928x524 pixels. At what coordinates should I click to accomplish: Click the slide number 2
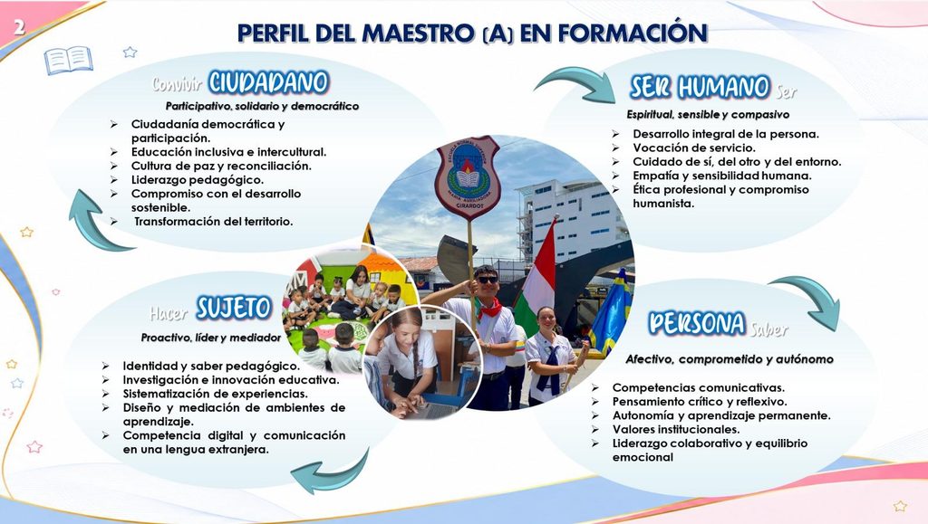point(20,26)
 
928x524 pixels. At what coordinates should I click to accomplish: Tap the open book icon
point(69,61)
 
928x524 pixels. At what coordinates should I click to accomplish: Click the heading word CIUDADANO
point(268,82)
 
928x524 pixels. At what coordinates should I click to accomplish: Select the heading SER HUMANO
point(700,88)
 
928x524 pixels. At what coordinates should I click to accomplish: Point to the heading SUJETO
point(235,308)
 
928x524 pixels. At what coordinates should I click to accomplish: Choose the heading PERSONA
point(697,323)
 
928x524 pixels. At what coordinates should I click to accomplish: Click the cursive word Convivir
point(177,85)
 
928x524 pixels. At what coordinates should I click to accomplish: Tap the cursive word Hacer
point(169,313)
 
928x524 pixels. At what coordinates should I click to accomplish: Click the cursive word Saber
point(769,329)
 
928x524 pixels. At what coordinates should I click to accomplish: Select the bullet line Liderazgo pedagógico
point(197,179)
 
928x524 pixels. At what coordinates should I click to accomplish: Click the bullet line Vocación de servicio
point(694,148)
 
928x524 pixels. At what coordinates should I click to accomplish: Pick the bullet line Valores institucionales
point(676,430)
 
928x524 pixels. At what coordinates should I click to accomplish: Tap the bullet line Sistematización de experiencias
point(216,394)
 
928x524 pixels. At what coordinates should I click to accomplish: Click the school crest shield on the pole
point(469,176)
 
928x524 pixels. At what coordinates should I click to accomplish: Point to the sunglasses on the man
point(488,280)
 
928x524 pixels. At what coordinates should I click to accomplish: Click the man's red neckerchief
point(488,309)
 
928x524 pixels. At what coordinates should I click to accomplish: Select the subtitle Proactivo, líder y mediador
point(210,338)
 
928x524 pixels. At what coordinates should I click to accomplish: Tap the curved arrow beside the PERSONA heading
point(811,300)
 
